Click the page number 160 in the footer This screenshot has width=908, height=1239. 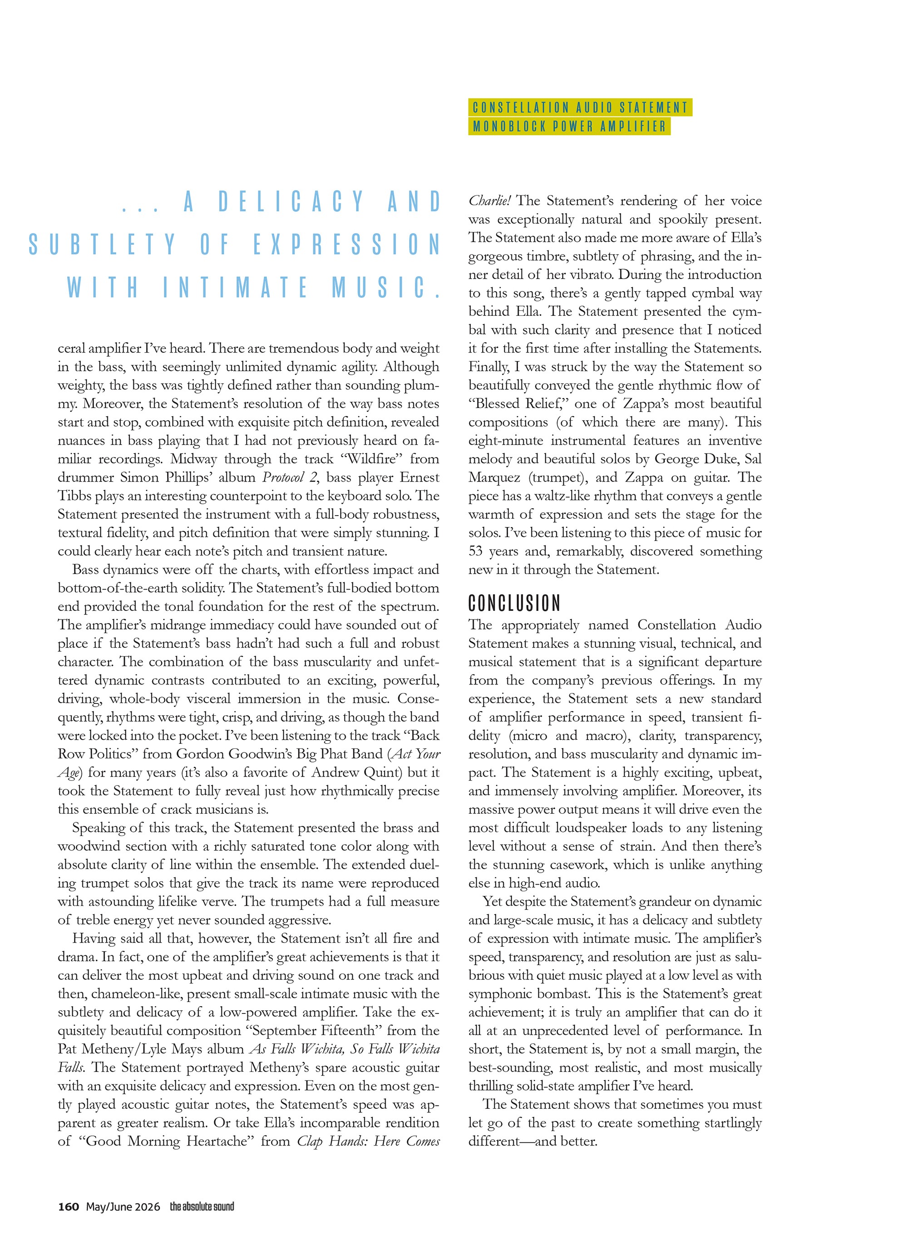tap(69, 1207)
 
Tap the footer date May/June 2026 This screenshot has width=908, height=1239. tap(123, 1207)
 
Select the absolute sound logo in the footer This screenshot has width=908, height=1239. tap(202, 1207)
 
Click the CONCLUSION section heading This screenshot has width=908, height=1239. tap(514, 603)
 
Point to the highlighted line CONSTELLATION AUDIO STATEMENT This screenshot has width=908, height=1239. tap(580, 108)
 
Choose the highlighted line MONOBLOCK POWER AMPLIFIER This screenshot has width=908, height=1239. tap(569, 126)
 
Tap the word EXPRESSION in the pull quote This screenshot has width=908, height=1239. tap(347, 245)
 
